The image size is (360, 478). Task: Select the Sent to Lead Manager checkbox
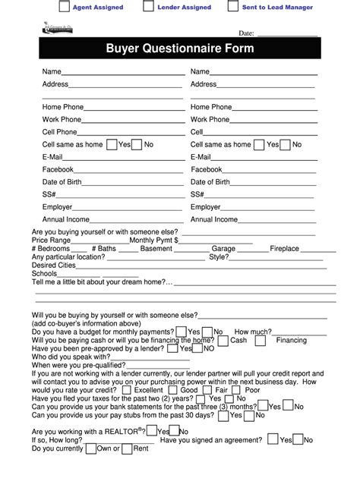tap(232, 8)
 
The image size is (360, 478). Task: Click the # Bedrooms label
tap(52, 248)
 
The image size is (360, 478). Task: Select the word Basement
tap(156, 248)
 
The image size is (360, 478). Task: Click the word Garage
tap(223, 248)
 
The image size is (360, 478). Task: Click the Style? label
tap(218, 257)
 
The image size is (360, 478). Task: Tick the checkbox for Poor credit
tap(235, 390)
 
